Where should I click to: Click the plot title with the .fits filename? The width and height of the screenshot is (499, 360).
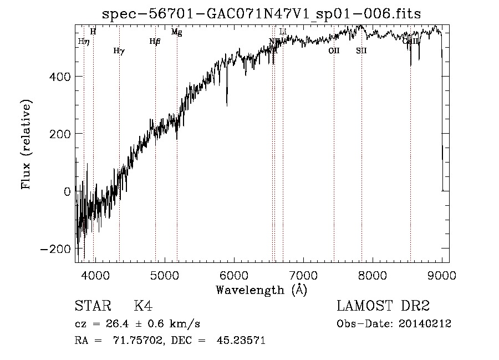click(x=262, y=15)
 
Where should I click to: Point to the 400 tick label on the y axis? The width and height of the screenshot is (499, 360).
click(x=58, y=76)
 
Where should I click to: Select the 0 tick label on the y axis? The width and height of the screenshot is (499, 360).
click(x=67, y=191)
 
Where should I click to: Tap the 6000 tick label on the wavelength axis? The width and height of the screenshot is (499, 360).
click(x=234, y=275)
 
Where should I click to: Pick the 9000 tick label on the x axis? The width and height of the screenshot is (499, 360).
click(x=442, y=275)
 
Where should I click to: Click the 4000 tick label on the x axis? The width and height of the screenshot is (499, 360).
click(x=95, y=275)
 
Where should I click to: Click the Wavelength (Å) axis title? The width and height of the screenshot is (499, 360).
click(x=261, y=290)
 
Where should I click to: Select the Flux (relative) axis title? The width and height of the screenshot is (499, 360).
click(x=27, y=144)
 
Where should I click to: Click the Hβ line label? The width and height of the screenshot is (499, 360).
click(x=155, y=41)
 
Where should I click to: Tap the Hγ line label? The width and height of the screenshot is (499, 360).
click(x=119, y=51)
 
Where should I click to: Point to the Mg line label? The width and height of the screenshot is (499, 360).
click(x=176, y=32)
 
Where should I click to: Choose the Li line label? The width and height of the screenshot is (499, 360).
click(x=283, y=32)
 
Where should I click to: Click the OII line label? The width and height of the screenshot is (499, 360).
click(x=334, y=50)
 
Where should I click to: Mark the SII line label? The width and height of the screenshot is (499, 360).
click(x=361, y=50)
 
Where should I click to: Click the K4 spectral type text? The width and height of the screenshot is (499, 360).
click(x=143, y=307)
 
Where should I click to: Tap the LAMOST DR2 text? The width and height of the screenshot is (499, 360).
click(x=383, y=307)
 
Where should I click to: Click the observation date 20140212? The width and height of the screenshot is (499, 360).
click(x=425, y=324)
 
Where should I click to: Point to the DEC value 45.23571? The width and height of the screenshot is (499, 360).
click(x=241, y=341)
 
